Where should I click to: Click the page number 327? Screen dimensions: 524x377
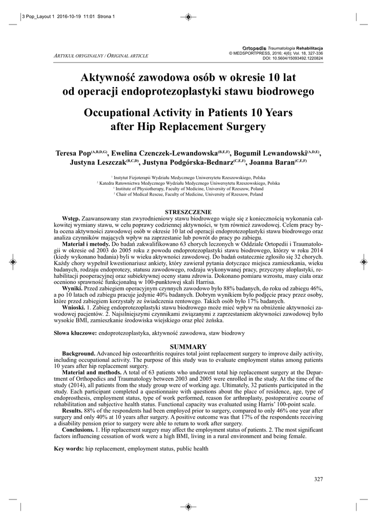tap(318, 479)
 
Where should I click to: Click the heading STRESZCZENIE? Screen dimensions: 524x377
tap(188, 212)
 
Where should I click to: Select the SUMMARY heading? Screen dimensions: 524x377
tap(188, 346)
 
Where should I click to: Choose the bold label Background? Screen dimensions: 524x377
tap(78, 353)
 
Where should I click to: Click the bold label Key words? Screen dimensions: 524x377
tap(69, 449)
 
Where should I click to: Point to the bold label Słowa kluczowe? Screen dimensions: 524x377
tap(75, 333)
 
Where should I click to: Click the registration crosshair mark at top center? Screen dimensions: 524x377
tap(188, 17)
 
